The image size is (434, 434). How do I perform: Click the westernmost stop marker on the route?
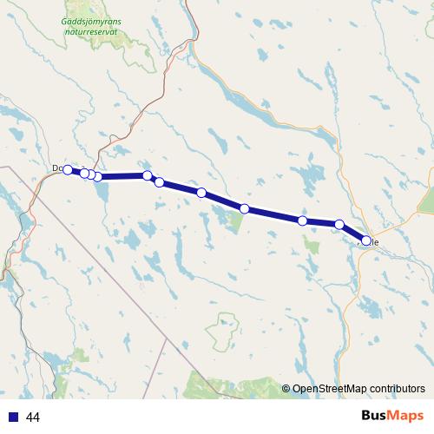tap(69, 169)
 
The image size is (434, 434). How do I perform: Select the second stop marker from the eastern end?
tap(339, 225)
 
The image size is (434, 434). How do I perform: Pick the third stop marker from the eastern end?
tap(302, 220)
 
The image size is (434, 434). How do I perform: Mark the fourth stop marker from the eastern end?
tap(246, 208)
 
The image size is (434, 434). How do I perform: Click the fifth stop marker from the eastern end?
tap(201, 193)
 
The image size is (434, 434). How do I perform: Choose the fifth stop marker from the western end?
tap(148, 175)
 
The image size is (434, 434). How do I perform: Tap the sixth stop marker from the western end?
tap(159, 182)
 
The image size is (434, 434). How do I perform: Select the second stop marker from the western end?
tap(84, 174)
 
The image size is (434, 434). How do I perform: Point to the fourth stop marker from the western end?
tap(98, 177)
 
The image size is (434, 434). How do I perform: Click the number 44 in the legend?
tap(33, 418)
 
